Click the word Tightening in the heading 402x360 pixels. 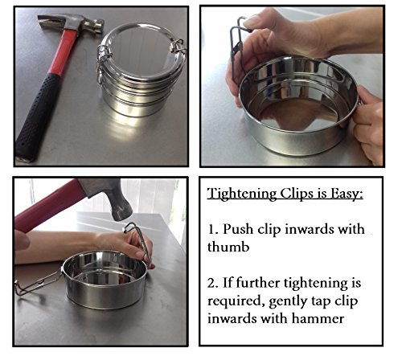tap(242, 194)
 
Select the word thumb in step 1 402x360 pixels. tap(228, 247)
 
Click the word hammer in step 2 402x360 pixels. tap(318, 318)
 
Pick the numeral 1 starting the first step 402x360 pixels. tap(212, 229)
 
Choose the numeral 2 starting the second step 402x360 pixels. tap(211, 283)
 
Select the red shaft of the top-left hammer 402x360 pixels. tap(64, 52)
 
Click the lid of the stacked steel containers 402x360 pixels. tap(141, 52)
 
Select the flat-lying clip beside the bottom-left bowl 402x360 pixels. tap(38, 283)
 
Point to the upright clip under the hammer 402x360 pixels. tap(139, 241)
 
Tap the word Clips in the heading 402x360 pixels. tap(295, 194)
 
